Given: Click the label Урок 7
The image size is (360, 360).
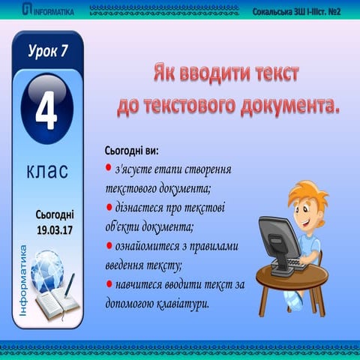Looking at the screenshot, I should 47,52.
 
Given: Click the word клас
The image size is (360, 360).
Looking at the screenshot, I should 47,172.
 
